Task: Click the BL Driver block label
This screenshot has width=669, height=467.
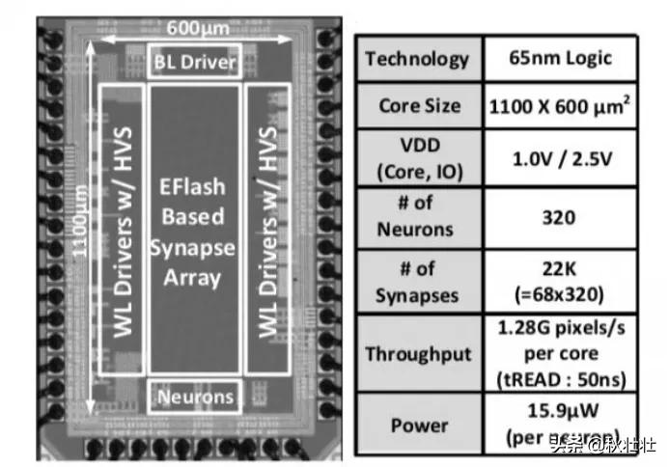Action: pos(195,63)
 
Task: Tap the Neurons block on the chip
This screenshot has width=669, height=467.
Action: pos(195,396)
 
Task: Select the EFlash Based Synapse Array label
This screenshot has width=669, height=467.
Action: pos(192,230)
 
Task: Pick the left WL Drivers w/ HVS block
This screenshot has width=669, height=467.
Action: pos(123,230)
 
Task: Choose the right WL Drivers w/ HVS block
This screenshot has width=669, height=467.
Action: pos(266,230)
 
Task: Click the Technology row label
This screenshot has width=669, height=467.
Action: pos(418,59)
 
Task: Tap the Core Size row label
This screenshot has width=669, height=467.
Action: pos(418,105)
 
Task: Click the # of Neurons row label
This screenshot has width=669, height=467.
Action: pos(418,218)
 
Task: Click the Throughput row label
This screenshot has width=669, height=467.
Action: pos(418,353)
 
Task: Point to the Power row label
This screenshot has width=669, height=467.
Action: pos(418,425)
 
